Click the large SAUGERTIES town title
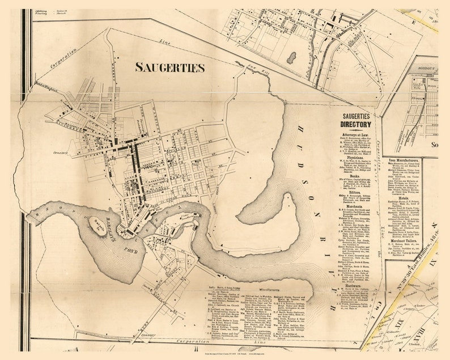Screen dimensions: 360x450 (x=169, y=67)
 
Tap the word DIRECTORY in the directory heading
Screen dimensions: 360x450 (x=355, y=124)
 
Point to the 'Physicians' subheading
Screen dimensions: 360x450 (x=355, y=159)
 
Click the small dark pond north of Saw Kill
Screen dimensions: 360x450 (x=291, y=57)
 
